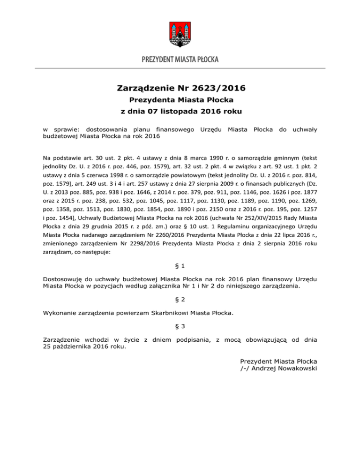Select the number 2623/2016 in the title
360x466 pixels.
(x=219, y=87)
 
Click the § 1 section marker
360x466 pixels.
(x=180, y=265)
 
